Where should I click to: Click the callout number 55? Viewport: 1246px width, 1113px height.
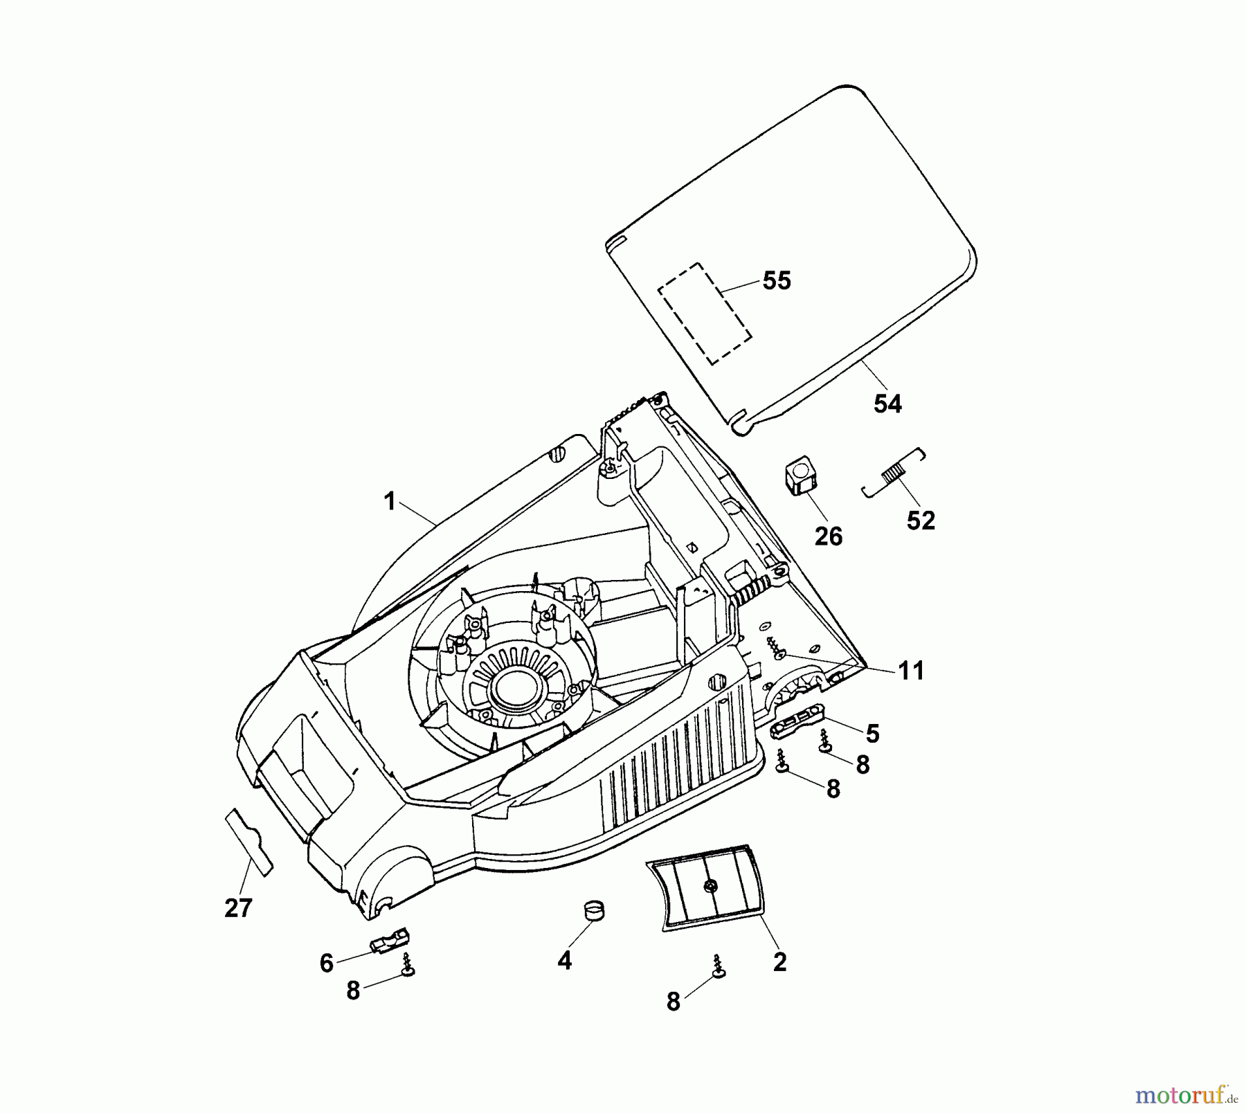(776, 280)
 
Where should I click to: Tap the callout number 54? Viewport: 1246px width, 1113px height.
(887, 404)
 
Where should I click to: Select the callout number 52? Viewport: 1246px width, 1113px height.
(921, 521)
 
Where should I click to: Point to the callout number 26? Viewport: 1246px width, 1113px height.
(829, 536)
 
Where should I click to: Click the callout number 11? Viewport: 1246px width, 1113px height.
(911, 670)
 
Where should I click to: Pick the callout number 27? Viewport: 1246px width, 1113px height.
(238, 907)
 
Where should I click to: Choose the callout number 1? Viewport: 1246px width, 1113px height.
(390, 502)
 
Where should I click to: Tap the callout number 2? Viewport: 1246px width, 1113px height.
(779, 961)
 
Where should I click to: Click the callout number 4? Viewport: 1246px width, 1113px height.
(565, 961)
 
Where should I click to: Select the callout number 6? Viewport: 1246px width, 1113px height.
(327, 963)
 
